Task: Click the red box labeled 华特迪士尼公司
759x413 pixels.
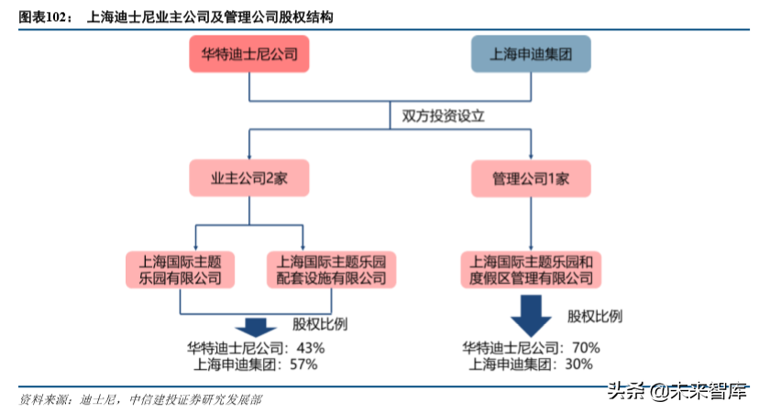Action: pyautogui.click(x=250, y=54)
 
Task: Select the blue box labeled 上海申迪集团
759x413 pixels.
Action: pyautogui.click(x=531, y=54)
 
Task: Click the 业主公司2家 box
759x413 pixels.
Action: pyautogui.click(x=249, y=178)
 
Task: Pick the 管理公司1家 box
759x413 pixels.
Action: pyautogui.click(x=531, y=178)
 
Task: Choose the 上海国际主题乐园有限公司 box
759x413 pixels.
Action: pyautogui.click(x=180, y=267)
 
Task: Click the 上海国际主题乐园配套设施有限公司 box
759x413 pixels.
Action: pyautogui.click(x=331, y=267)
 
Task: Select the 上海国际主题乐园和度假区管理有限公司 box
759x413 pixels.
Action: pyautogui.click(x=531, y=267)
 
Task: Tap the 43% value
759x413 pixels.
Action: pyautogui.click(x=311, y=348)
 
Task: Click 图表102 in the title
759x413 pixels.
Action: pyautogui.click(x=45, y=16)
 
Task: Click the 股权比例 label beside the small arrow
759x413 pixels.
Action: pyautogui.click(x=320, y=324)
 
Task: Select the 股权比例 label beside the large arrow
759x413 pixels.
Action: pyautogui.click(x=595, y=316)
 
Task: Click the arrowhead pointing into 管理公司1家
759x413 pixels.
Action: pyautogui.click(x=531, y=156)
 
